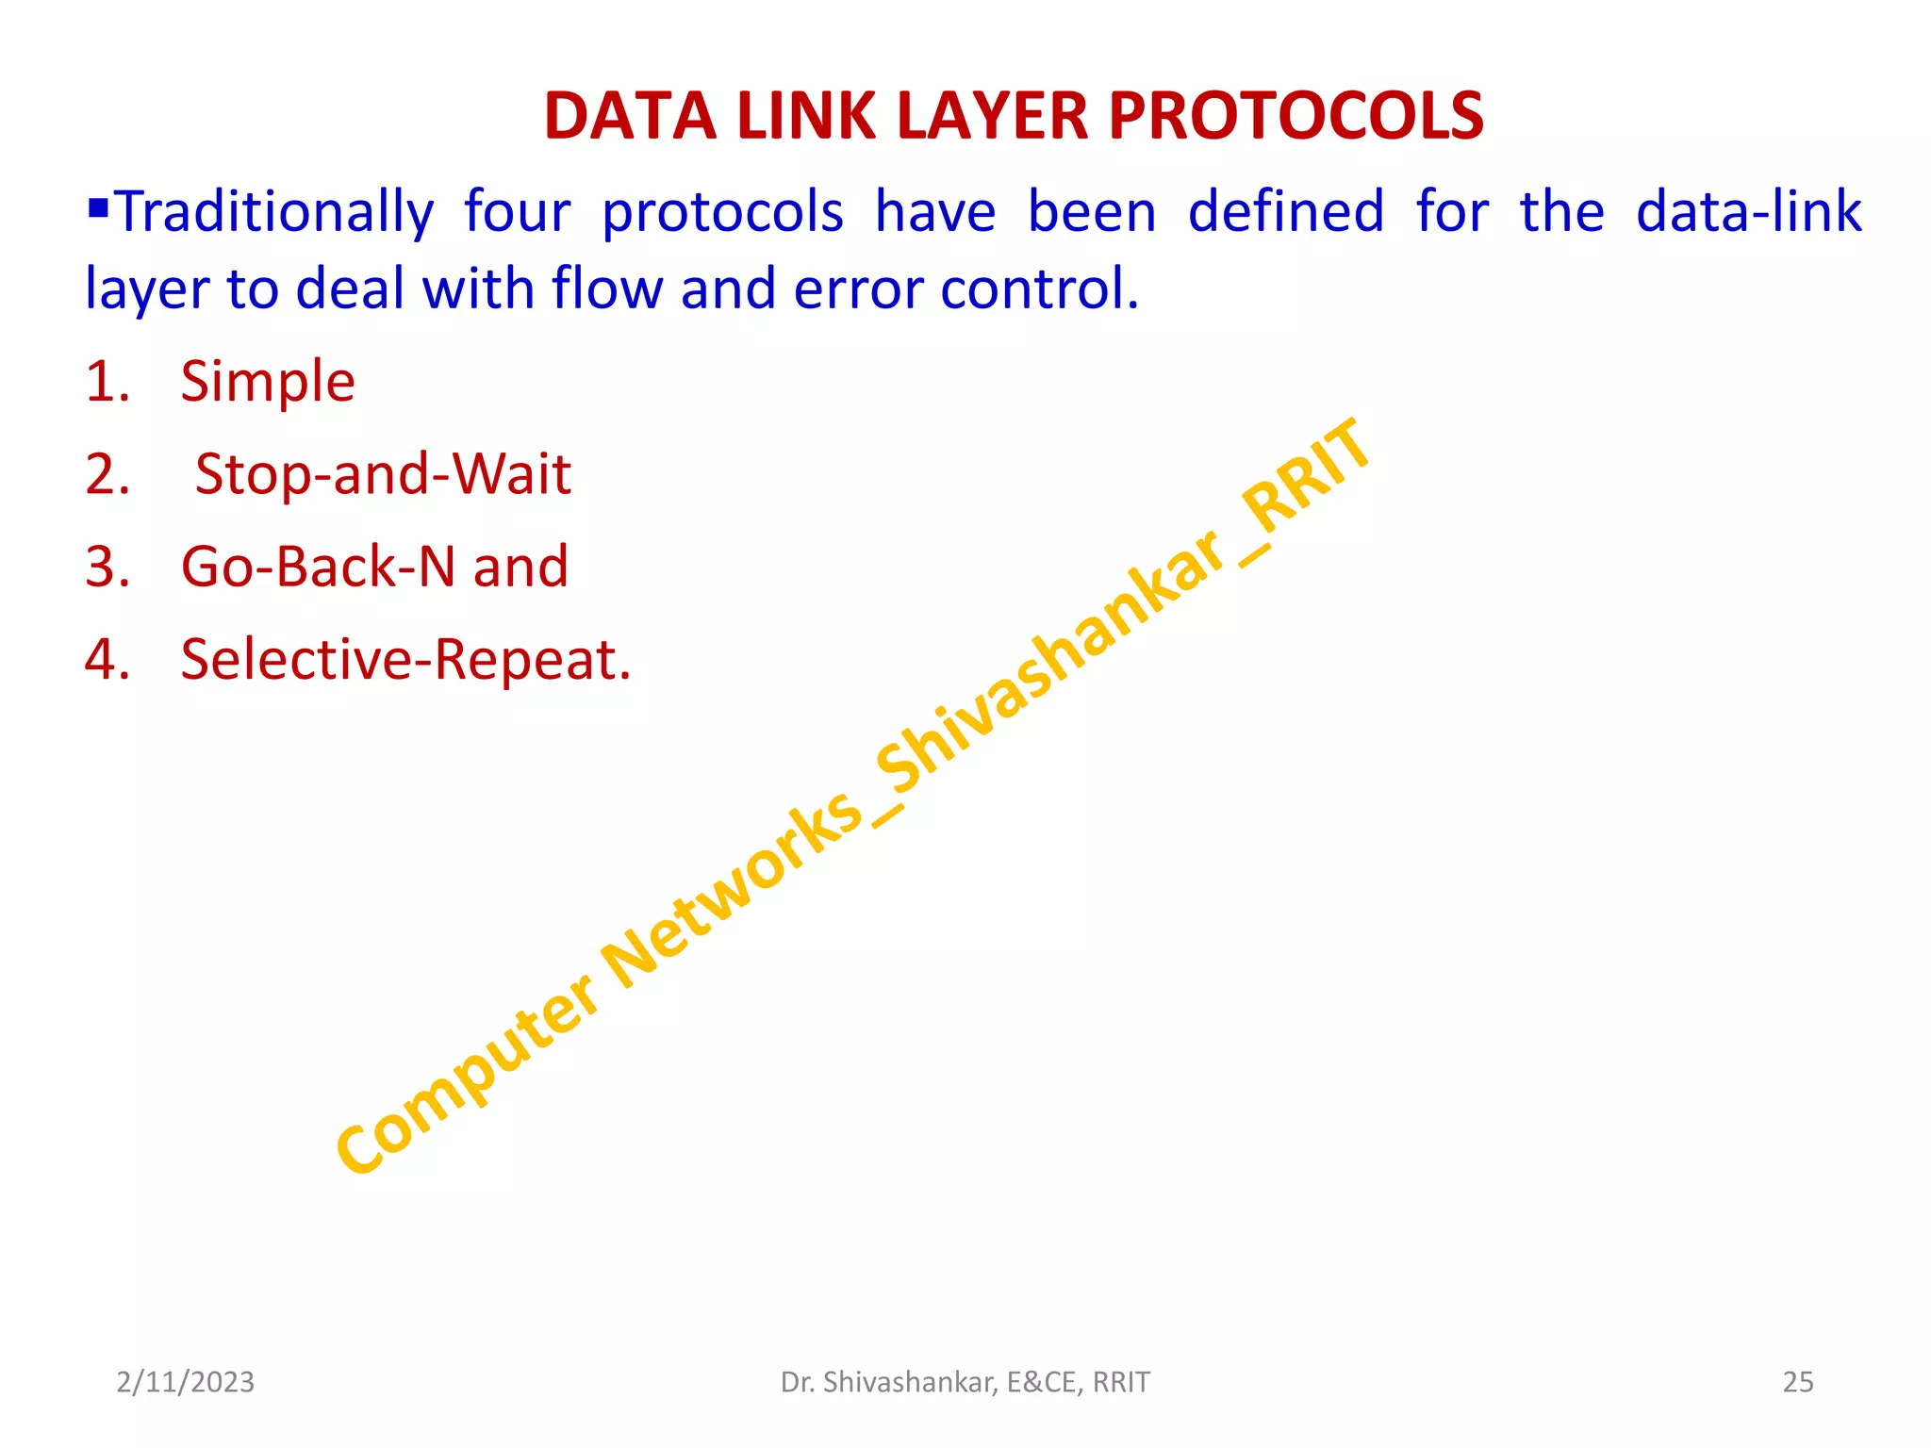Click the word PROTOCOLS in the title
click(x=1296, y=117)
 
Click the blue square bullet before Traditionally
click(x=98, y=205)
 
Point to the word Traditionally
click(x=273, y=213)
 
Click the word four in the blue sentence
click(x=517, y=211)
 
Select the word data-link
click(x=1748, y=211)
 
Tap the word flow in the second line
click(x=606, y=288)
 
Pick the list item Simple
click(x=268, y=383)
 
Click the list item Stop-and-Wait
click(x=383, y=474)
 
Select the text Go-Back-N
click(x=318, y=568)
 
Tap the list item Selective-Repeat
click(x=405, y=660)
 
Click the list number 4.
click(x=106, y=660)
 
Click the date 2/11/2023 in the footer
click(x=185, y=1382)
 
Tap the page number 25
click(x=1797, y=1382)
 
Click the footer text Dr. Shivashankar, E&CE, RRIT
click(x=965, y=1382)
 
